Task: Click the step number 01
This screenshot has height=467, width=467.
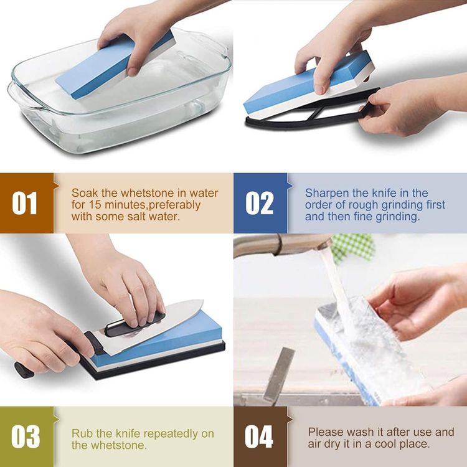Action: click(24, 203)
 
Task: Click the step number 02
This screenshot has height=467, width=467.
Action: click(259, 203)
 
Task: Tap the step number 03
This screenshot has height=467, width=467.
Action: click(26, 436)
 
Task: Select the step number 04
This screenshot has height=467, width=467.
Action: click(259, 436)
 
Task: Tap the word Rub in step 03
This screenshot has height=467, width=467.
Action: click(80, 433)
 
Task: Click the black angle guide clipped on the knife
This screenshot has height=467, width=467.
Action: click(134, 324)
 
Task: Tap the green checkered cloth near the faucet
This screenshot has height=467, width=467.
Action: click(353, 247)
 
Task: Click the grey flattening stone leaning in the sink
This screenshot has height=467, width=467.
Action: click(279, 374)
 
